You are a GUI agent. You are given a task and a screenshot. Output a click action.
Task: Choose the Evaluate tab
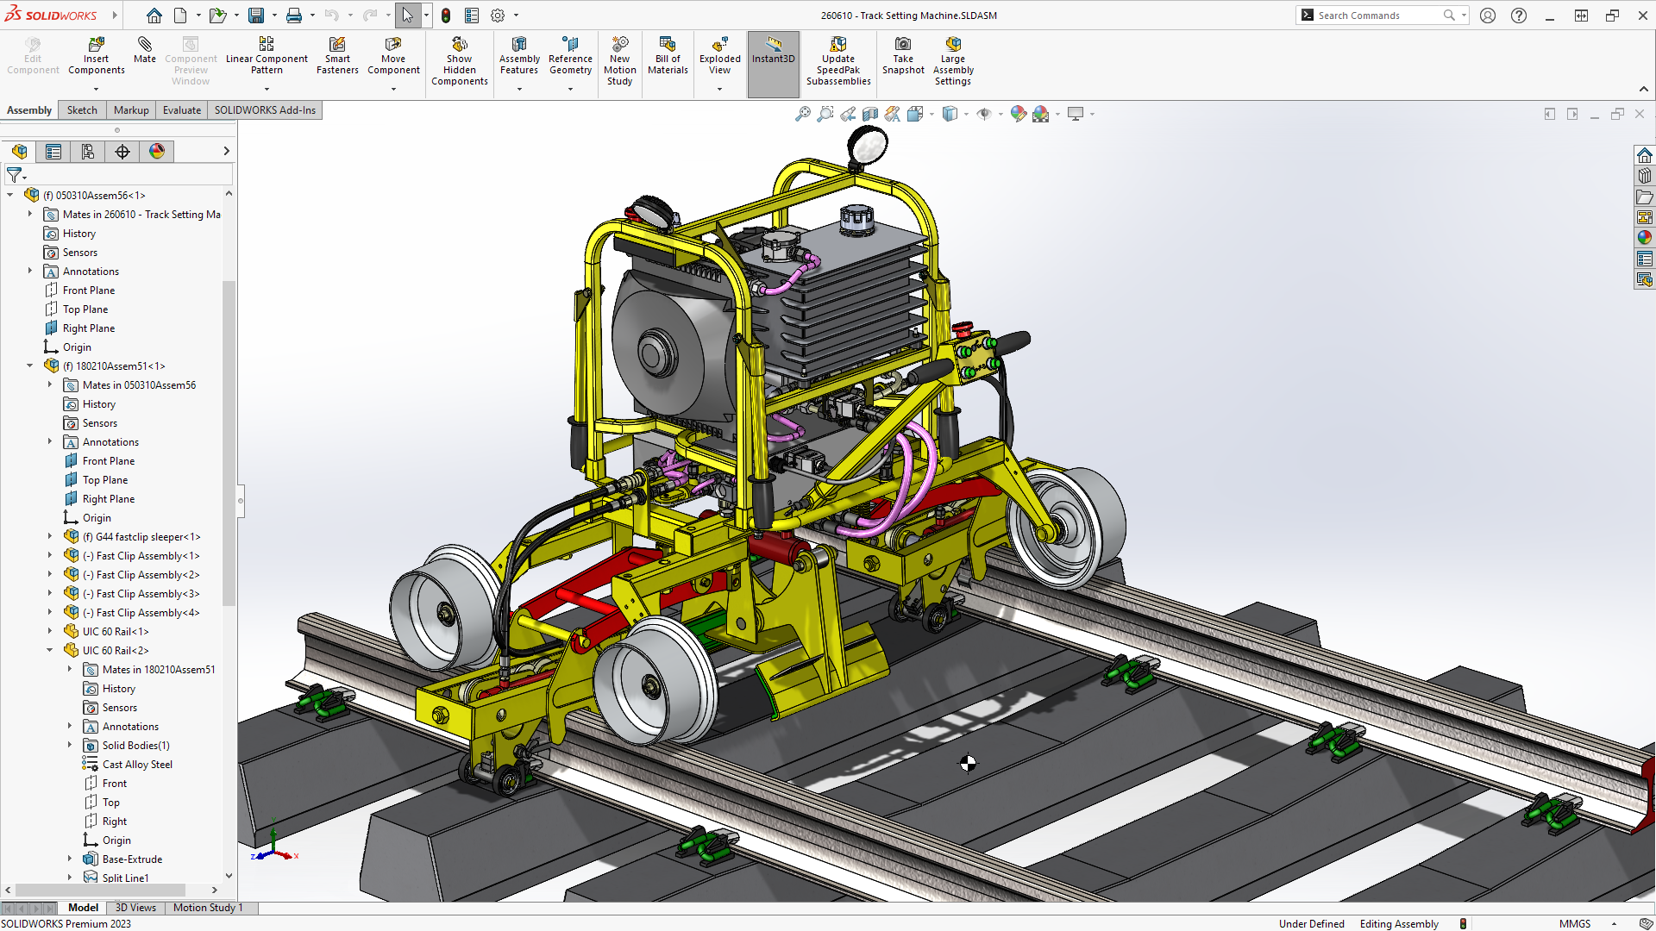click(181, 110)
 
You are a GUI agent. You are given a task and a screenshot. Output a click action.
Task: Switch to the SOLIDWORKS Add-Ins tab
click(265, 110)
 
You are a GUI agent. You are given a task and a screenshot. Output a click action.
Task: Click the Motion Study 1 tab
click(208, 908)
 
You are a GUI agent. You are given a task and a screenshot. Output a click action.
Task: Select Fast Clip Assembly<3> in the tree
click(147, 594)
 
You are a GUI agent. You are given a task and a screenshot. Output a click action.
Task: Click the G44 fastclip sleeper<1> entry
click(147, 537)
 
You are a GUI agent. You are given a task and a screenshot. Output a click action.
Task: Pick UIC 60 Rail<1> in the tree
click(116, 632)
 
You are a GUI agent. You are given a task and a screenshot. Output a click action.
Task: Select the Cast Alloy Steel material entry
click(137, 765)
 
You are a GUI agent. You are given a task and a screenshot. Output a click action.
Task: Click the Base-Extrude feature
click(132, 859)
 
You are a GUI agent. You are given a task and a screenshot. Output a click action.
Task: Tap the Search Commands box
click(1378, 16)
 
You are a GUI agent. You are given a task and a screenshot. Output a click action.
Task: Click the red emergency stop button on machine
click(963, 330)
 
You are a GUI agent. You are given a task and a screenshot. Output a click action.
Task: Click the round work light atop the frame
click(868, 145)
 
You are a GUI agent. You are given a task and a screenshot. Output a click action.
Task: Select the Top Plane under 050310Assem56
click(85, 309)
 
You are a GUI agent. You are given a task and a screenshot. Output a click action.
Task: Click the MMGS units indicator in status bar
click(1574, 924)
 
